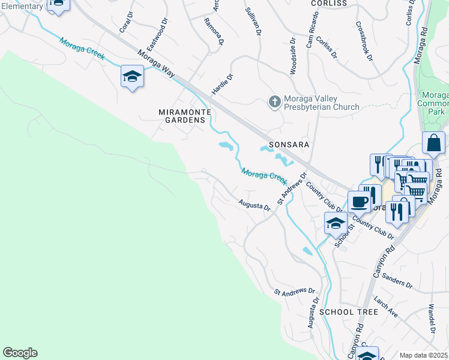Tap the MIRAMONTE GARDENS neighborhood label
182,116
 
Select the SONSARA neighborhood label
288,145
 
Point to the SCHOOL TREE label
349,312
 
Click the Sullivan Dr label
253,22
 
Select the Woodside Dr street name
293,57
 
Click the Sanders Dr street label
397,282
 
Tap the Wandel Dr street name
432,319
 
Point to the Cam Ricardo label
310,36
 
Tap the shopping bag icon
433,143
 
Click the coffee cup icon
359,202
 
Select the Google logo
20,353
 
